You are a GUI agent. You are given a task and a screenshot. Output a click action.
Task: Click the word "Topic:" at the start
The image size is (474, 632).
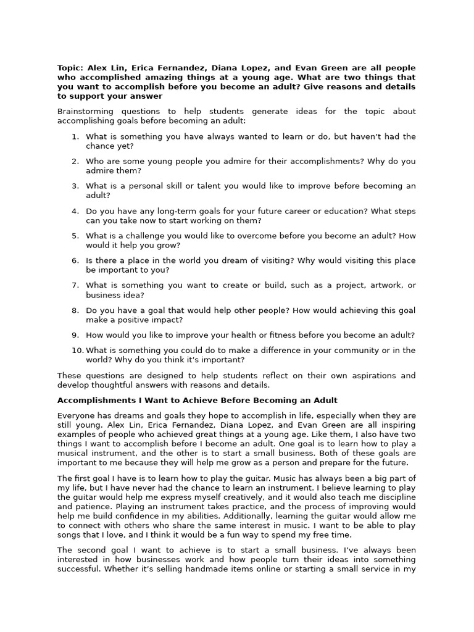[70, 68]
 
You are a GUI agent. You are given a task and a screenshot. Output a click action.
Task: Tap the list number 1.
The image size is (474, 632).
[75, 136]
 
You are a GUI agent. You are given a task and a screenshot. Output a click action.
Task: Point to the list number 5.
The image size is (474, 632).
[75, 236]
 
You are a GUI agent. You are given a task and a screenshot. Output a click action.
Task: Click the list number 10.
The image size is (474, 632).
[77, 351]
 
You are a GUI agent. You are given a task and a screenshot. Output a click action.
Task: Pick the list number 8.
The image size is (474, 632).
[75, 310]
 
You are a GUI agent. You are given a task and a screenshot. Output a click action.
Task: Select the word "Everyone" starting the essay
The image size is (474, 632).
[76, 416]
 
